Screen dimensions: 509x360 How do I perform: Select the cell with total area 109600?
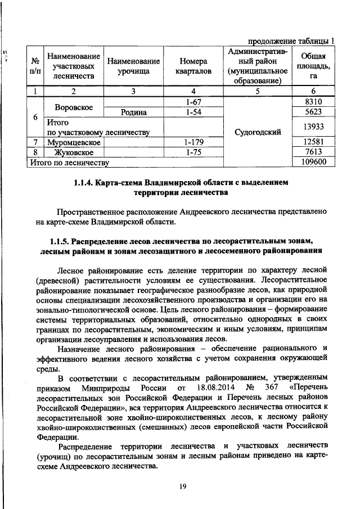[x=314, y=163]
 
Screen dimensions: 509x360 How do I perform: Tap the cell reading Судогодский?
[x=260, y=133]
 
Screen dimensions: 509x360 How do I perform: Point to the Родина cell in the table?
[x=134, y=112]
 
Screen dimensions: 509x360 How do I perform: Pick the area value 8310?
[x=314, y=102]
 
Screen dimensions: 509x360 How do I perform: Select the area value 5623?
[x=314, y=112]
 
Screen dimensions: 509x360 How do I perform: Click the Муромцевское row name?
[x=74, y=142]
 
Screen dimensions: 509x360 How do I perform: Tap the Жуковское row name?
[x=73, y=152]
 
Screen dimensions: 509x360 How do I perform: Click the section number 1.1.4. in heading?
[x=84, y=183]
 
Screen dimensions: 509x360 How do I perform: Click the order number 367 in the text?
[x=272, y=388]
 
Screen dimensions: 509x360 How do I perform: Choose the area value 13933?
[x=314, y=127]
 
